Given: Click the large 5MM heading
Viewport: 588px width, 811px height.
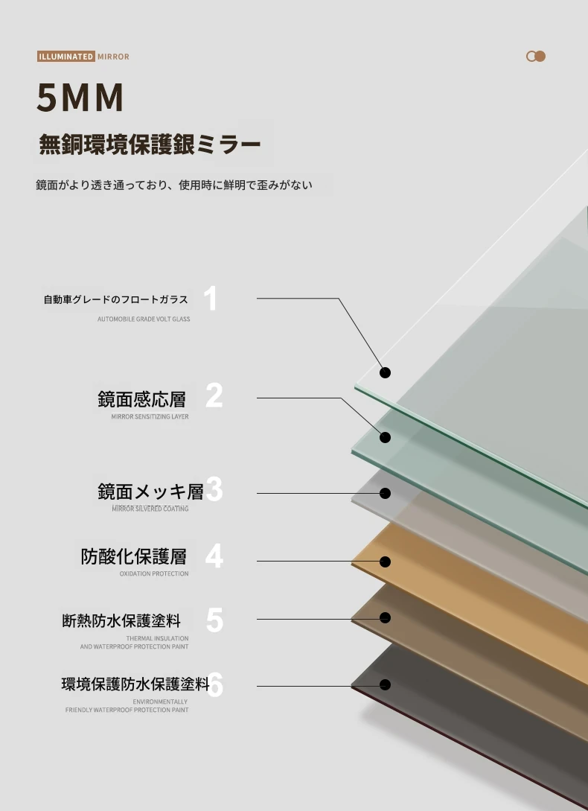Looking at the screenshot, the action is click(80, 98).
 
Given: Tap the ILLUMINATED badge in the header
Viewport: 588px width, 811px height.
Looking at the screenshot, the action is click(65, 57).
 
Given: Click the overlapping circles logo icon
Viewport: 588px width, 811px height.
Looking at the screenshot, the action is click(536, 57).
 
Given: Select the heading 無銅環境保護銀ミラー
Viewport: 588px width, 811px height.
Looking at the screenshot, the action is click(150, 144).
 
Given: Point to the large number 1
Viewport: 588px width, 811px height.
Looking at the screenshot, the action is click(210, 299).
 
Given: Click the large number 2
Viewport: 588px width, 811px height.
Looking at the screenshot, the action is click(214, 395).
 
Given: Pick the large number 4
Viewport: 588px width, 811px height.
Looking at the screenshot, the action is click(214, 556).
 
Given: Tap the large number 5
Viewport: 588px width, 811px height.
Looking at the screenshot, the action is click(214, 620).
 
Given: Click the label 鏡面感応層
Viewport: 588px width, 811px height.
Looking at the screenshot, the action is click(141, 398).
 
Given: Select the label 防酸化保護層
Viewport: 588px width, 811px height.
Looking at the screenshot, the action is click(133, 556).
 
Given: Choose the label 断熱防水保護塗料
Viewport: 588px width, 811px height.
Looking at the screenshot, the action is click(121, 620).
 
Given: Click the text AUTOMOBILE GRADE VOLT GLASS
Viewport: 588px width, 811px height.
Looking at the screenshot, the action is click(144, 319).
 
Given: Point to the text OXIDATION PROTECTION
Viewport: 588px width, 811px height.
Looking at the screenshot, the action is click(154, 573).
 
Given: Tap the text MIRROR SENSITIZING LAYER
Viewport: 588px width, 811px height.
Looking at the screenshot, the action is click(150, 417).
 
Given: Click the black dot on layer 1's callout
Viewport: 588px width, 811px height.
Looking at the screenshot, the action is click(385, 372).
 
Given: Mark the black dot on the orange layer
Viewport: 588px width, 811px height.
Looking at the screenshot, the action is click(385, 562).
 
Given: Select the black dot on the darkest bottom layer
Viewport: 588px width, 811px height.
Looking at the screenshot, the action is click(385, 685).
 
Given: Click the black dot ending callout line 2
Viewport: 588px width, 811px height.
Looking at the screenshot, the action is click(385, 438).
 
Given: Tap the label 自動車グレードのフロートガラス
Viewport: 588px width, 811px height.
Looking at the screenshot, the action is click(116, 299).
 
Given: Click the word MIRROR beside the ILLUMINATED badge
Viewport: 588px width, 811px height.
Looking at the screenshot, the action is click(113, 57).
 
